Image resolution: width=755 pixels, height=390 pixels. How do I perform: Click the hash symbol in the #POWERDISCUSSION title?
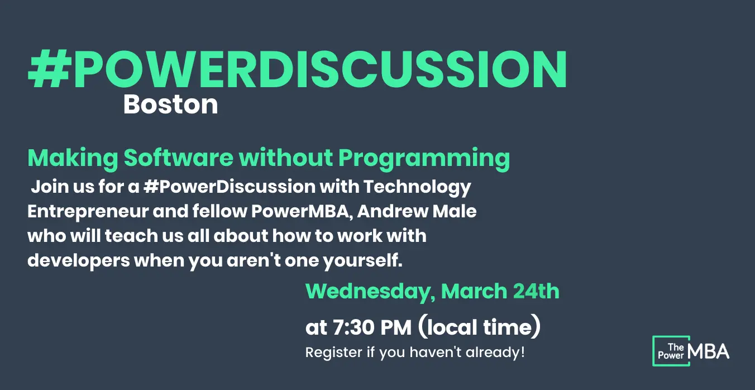(50, 69)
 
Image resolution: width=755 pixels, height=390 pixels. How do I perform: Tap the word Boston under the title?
(170, 104)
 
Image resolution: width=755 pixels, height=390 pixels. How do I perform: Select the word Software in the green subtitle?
(179, 158)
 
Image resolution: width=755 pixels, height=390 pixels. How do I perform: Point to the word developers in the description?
(79, 261)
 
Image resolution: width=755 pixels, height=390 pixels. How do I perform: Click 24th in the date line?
(536, 291)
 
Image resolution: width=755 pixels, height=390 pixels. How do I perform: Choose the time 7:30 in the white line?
(353, 327)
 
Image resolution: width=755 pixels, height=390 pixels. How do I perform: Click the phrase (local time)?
(479, 326)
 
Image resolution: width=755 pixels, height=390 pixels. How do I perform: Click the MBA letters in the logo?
(708, 351)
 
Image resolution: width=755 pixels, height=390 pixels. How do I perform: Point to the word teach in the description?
(131, 236)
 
